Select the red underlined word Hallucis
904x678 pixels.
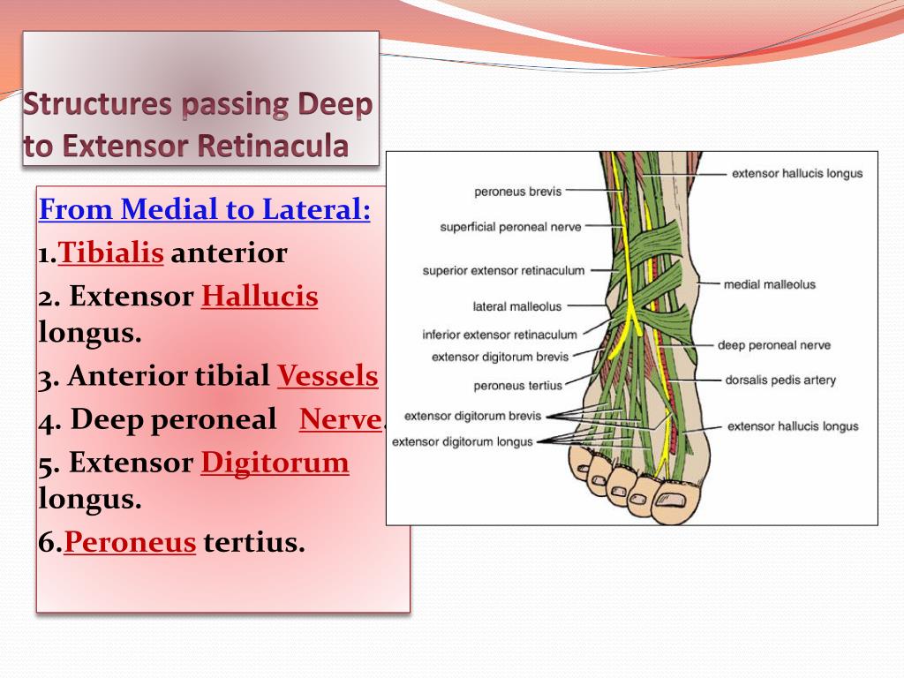[x=260, y=297]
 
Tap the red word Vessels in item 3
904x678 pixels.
[x=328, y=377]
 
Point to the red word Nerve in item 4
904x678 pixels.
[x=340, y=419]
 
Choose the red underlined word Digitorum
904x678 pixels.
[x=275, y=463]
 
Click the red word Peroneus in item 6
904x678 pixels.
[x=129, y=542]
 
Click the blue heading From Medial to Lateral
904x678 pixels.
[x=205, y=211]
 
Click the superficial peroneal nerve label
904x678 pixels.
[x=510, y=227]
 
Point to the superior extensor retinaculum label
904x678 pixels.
[x=503, y=270]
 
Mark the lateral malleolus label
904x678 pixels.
[x=517, y=306]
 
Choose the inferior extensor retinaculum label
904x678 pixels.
[x=500, y=335]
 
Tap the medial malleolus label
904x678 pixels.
[x=769, y=284]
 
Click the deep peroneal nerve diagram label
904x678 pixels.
[x=773, y=345]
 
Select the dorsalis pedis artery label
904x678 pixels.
[x=780, y=380]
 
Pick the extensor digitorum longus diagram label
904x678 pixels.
[x=463, y=441]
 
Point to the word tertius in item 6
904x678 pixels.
[x=254, y=542]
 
